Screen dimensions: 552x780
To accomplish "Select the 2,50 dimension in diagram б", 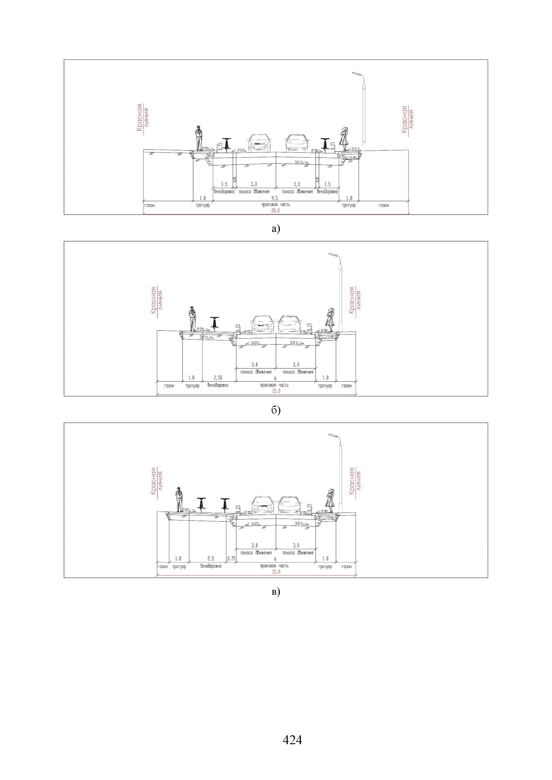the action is tap(218, 378).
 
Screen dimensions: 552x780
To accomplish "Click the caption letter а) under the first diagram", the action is tap(276, 229).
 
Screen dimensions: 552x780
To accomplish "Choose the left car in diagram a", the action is tap(260, 143).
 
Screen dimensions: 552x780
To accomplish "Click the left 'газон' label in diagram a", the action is tap(150, 205).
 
